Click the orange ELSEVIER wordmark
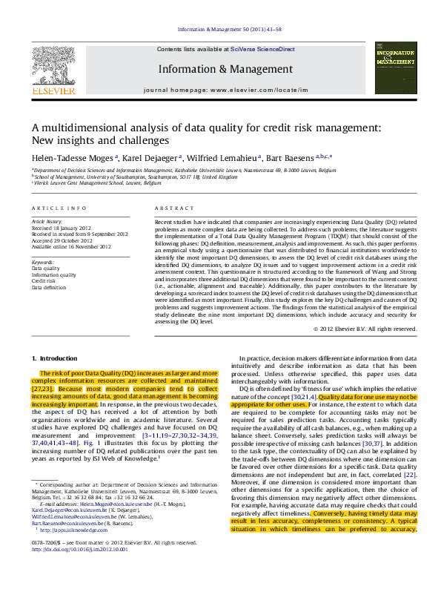point(53,91)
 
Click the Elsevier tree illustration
point(53,66)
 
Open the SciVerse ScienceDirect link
point(262,49)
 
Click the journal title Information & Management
point(225,70)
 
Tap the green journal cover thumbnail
point(395,68)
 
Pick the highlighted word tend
point(176,389)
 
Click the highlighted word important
point(79,404)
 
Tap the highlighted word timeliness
point(317,529)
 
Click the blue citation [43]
point(410,475)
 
